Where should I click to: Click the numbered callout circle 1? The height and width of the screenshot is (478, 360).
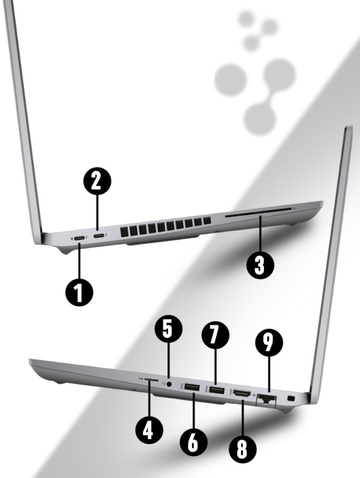pyautogui.click(x=79, y=292)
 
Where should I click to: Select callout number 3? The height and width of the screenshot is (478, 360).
pyautogui.click(x=260, y=265)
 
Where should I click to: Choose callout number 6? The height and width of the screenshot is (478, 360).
pyautogui.click(x=193, y=442)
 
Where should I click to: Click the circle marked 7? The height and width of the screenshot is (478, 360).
pyautogui.click(x=215, y=334)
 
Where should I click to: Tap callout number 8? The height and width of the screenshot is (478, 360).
pyautogui.click(x=243, y=449)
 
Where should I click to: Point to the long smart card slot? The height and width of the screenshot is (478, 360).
pyautogui.click(x=258, y=212)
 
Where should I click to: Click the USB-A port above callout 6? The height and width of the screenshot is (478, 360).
pyautogui.click(x=192, y=388)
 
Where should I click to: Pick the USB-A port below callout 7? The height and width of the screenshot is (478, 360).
pyautogui.click(x=217, y=390)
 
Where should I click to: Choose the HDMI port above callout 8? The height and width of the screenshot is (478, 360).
pyautogui.click(x=242, y=393)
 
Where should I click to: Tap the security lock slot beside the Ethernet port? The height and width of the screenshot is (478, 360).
pyautogui.click(x=292, y=398)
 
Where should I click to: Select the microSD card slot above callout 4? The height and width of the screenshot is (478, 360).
pyautogui.click(x=152, y=379)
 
